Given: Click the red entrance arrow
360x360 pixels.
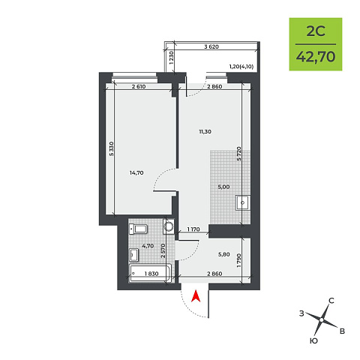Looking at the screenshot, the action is tap(196, 296).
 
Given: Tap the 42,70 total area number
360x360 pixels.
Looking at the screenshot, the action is tap(316, 57).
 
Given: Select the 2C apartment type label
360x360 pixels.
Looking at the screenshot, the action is tap(316, 31).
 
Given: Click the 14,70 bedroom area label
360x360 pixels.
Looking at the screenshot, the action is tap(136, 172).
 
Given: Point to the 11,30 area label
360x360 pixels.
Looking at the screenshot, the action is tap(205, 132).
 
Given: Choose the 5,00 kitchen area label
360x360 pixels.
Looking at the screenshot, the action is tap(223, 187).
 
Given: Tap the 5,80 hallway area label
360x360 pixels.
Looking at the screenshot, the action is tap(223, 255).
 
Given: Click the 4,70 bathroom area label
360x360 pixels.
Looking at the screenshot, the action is tap(148, 246).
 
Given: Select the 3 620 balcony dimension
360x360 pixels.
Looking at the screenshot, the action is tap(211, 46).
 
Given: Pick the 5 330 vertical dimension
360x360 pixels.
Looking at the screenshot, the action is tap(112, 149).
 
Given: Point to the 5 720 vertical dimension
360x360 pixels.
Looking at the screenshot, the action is tap(239, 154).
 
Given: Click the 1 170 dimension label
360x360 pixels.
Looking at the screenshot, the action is tap(193, 229).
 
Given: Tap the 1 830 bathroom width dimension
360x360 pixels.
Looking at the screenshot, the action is tap(151, 274).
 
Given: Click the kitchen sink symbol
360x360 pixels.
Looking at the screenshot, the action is tap(243, 203).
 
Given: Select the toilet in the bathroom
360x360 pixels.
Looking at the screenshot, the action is tap(138, 229).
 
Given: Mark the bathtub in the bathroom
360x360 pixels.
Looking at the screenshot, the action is tap(151, 274).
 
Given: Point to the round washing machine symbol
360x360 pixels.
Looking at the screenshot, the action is tap(169, 226).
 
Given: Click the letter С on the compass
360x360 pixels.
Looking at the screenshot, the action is tap(331, 301).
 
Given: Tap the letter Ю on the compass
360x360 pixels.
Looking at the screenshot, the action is tap(313, 340).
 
